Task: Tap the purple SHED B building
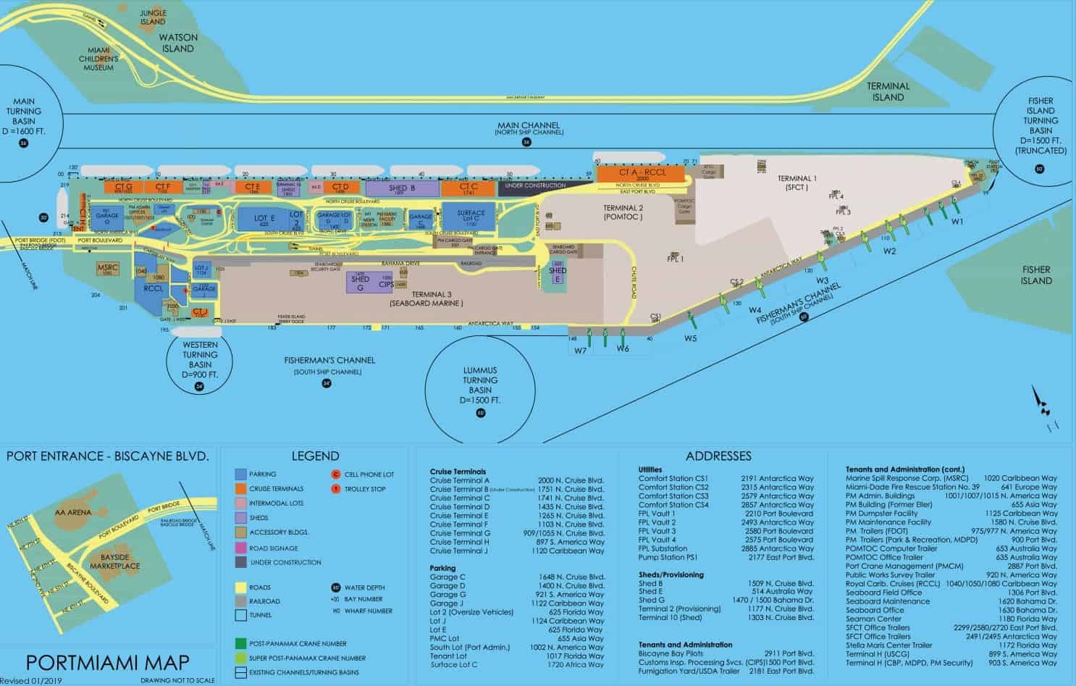coord(402,189)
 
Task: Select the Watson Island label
coord(177,43)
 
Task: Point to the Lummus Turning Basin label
coord(480,385)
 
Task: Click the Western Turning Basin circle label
coord(200,355)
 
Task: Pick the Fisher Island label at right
coord(1035,275)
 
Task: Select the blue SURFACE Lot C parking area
coord(471,215)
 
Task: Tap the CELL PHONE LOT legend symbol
coord(335,474)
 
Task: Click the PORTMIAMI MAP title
coord(107,661)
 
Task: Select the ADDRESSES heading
coord(718,456)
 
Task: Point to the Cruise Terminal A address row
coord(516,480)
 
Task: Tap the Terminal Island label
coord(888,91)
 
